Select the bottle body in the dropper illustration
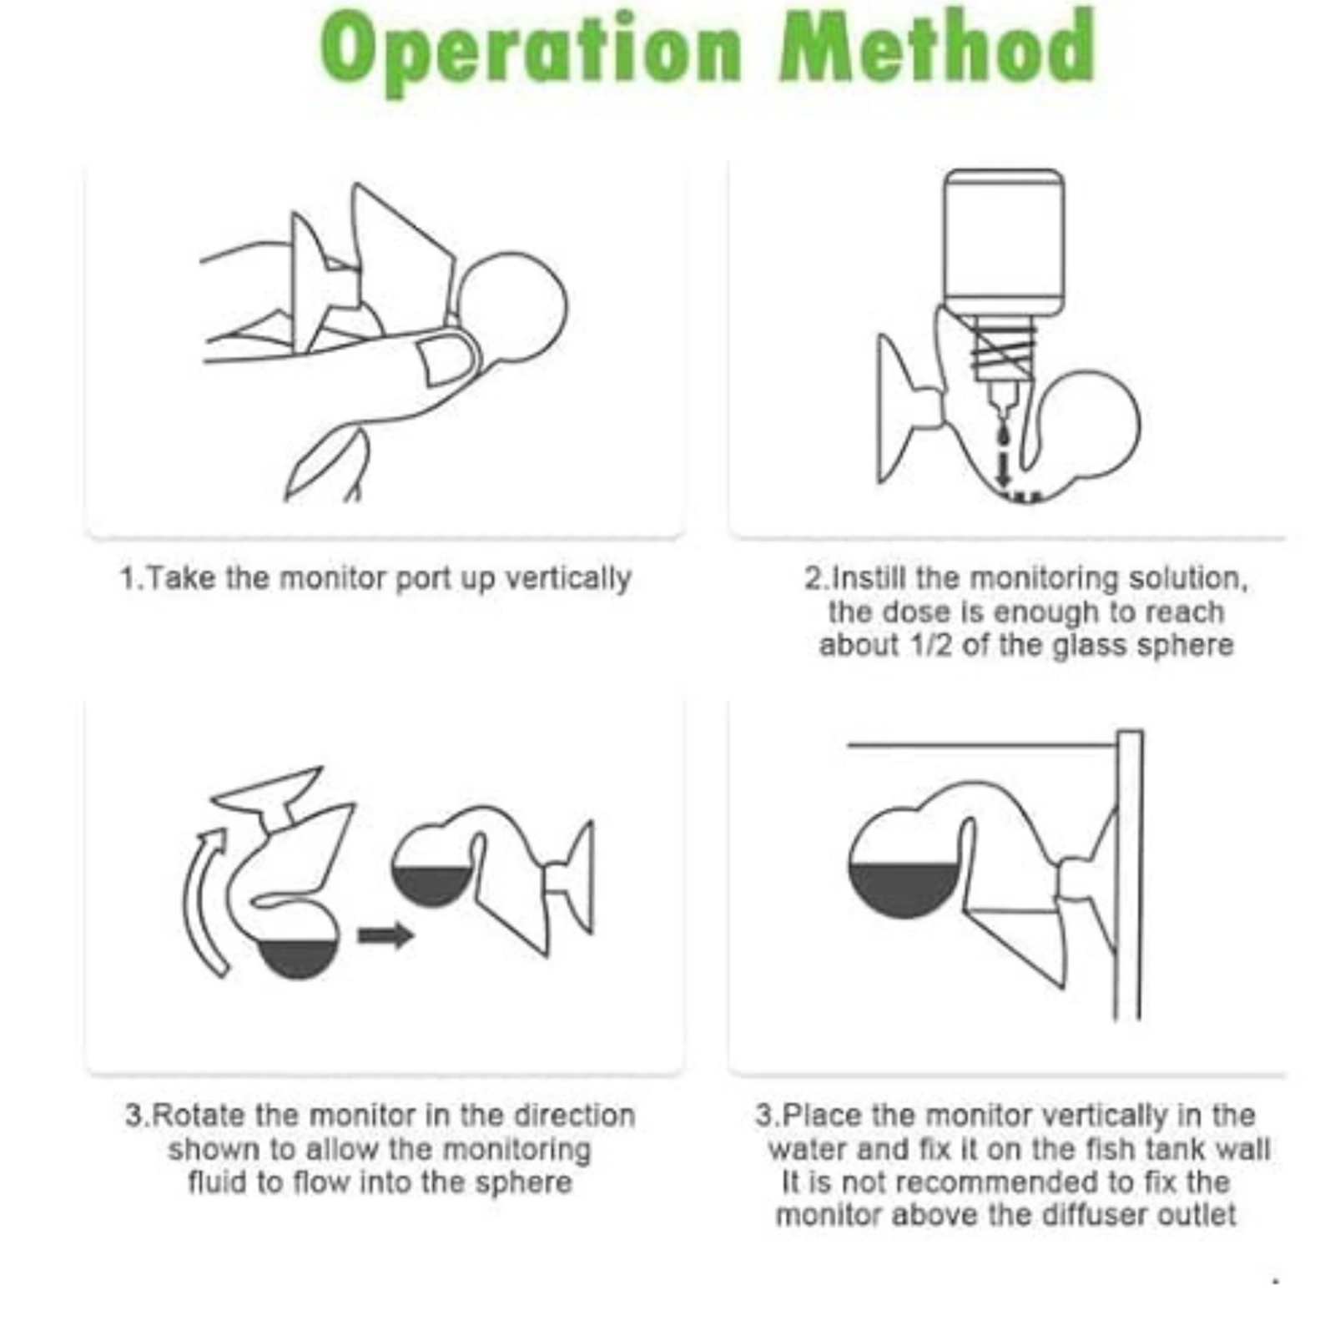1004,242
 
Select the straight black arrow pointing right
385,934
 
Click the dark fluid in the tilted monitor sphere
299,960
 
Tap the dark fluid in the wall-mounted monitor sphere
904,889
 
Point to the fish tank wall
1129,874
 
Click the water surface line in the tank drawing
981,744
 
